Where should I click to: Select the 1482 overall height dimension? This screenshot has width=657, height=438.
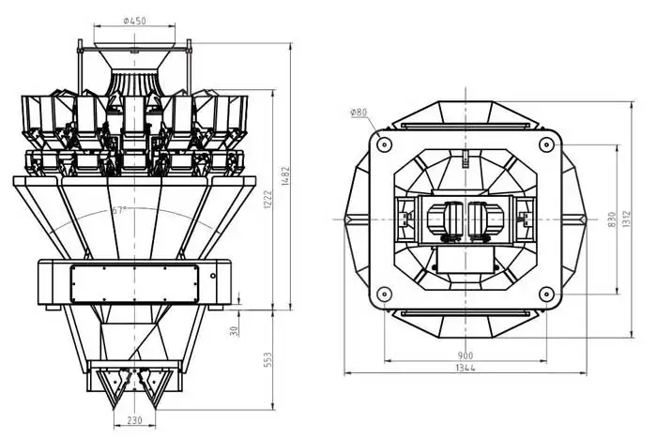[x=298, y=170]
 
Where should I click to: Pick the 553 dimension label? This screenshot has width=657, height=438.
[x=267, y=360]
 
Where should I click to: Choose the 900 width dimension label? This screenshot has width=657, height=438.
[x=466, y=355]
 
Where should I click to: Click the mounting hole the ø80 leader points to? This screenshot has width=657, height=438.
[x=383, y=143]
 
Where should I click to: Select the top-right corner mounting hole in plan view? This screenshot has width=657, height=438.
[x=546, y=143]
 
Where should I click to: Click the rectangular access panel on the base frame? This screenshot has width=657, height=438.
[x=134, y=282]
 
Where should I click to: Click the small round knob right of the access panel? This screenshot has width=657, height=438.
[x=213, y=276]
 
